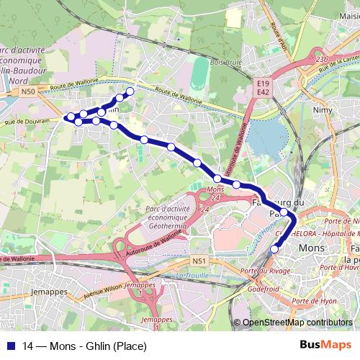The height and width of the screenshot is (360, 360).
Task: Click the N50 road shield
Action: point(27,92)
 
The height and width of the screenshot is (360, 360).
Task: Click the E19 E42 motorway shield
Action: point(262,88)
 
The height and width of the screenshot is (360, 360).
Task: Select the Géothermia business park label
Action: point(166,217)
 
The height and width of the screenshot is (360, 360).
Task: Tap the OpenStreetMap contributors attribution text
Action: point(297,323)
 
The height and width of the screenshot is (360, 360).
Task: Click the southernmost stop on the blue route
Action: point(274,250)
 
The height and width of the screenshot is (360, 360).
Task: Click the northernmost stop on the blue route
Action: point(130,91)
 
